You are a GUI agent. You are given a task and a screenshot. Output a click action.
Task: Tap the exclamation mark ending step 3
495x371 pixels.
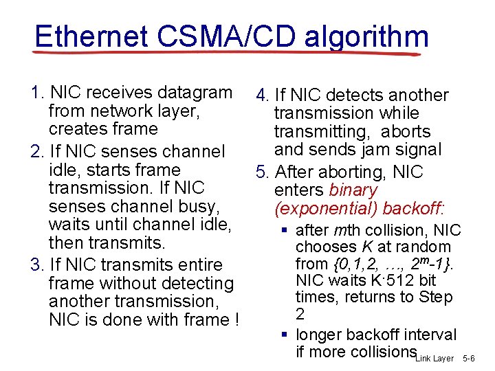236,319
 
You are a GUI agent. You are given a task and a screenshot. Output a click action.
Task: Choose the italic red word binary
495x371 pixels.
353,190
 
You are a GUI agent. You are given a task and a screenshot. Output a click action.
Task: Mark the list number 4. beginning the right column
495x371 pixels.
262,95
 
